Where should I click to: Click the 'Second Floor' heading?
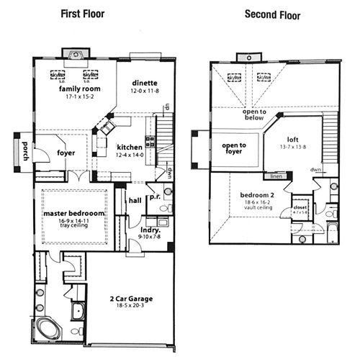pyautogui.click(x=272, y=13)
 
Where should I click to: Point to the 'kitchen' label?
pyautogui.click(x=130, y=146)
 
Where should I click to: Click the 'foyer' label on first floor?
pyautogui.click(x=66, y=153)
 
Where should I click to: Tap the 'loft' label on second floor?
pyautogui.click(x=292, y=140)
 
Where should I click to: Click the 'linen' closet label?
pyautogui.click(x=274, y=176)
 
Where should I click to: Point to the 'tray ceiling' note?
pyautogui.click(x=74, y=230)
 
